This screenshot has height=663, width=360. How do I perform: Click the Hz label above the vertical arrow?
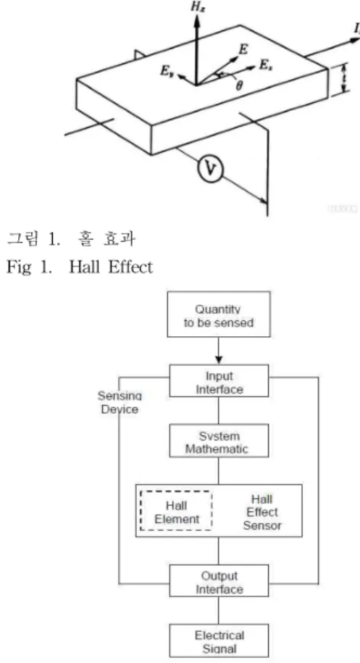(197, 8)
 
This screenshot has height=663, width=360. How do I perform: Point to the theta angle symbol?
(240, 86)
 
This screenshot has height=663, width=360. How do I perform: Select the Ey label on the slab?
(166, 71)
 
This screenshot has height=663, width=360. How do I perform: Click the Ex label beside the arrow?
(264, 66)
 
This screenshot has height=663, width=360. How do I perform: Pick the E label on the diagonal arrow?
(243, 49)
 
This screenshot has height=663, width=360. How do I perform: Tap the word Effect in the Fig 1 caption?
(130, 267)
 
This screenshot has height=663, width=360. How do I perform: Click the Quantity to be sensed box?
(219, 314)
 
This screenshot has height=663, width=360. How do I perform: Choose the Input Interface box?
(219, 381)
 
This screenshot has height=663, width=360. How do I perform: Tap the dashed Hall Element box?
(176, 511)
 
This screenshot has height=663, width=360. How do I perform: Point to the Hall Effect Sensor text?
(262, 512)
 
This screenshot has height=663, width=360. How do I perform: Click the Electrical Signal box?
(219, 641)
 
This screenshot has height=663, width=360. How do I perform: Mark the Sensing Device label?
(120, 403)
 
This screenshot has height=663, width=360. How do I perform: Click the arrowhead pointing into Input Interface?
(219, 360)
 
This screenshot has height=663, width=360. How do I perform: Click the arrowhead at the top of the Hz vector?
(196, 20)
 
